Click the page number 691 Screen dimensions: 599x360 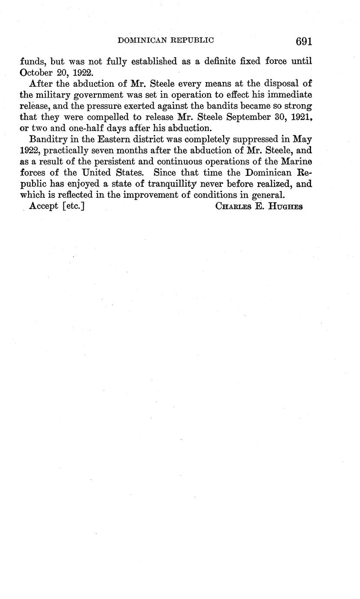[x=304, y=41]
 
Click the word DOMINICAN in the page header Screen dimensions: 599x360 [x=142, y=40]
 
